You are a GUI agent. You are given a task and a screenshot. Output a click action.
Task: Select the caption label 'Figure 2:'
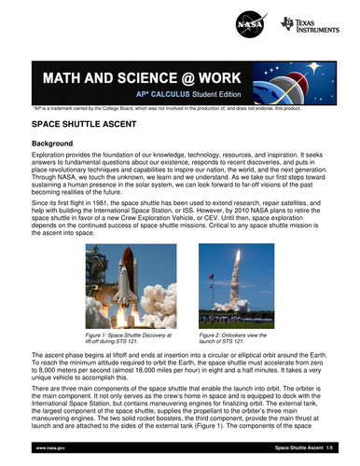tap(215, 334)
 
